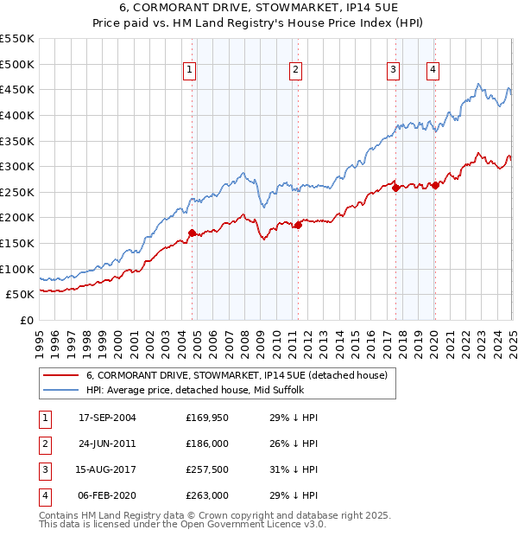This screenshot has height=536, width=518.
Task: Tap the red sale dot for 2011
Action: click(298, 225)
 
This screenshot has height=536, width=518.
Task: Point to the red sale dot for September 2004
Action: click(192, 233)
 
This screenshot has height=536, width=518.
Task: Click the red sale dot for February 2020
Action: click(435, 184)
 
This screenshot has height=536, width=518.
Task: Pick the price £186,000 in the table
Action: click(207, 444)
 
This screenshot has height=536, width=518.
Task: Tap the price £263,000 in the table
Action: click(207, 495)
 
